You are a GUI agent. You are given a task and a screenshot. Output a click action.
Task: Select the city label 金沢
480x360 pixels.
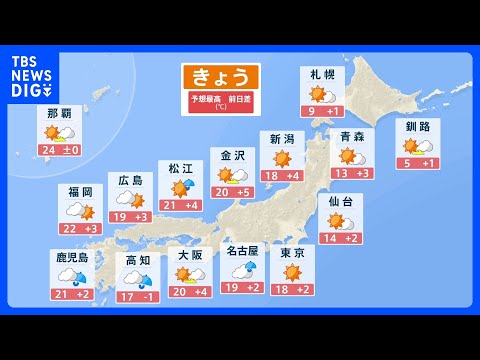[x=231, y=155]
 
